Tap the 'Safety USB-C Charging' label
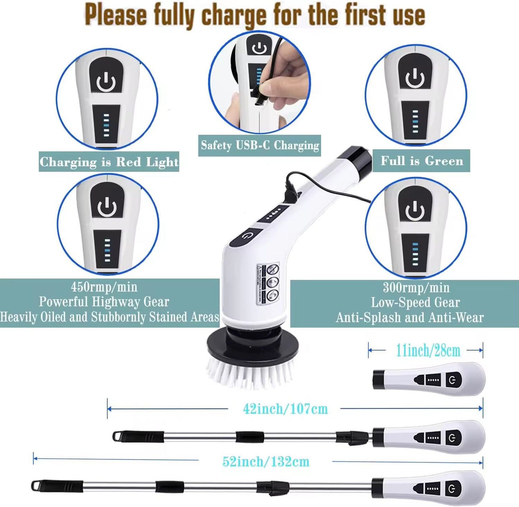click(260, 145)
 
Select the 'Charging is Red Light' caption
click(109, 162)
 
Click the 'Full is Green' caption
click(422, 161)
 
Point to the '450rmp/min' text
click(104, 287)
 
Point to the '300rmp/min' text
click(416, 288)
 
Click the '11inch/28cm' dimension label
click(428, 351)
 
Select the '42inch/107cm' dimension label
click(285, 409)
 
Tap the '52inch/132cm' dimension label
click(266, 461)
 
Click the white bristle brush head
click(250, 373)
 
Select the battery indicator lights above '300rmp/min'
click(415, 254)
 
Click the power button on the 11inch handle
click(453, 380)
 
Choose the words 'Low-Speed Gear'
click(415, 302)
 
